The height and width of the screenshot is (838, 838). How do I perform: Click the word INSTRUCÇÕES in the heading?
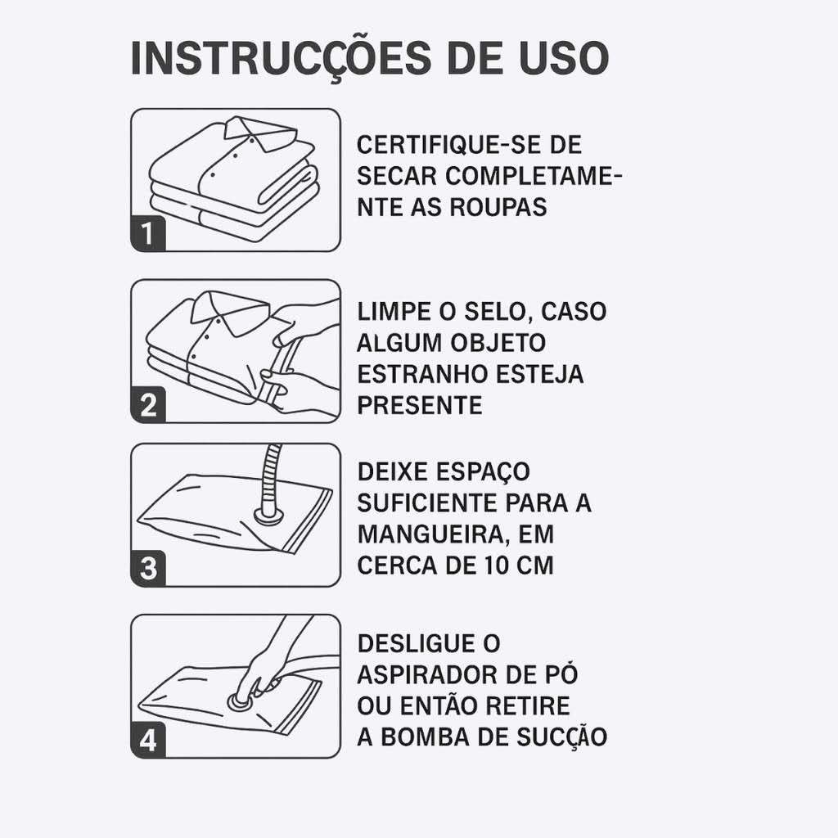click(282, 58)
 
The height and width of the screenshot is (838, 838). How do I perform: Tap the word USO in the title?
click(565, 57)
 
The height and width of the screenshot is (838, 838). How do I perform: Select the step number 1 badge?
click(148, 233)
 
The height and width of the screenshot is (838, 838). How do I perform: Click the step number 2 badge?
click(148, 404)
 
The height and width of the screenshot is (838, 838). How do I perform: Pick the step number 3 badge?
click(148, 568)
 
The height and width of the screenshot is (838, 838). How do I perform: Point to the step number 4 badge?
click(148, 740)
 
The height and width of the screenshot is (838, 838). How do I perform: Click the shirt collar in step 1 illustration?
click(260, 132)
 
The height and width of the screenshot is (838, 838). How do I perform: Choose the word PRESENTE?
click(420, 405)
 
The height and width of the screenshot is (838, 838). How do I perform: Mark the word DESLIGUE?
click(415, 643)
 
